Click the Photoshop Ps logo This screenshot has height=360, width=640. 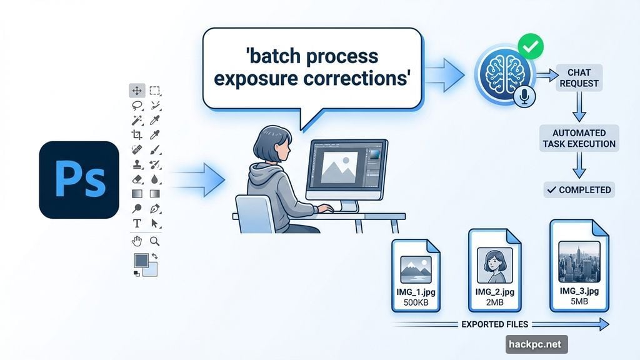(x=79, y=179)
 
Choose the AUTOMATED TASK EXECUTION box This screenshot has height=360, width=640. (x=579, y=138)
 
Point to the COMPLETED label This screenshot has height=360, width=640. (x=579, y=190)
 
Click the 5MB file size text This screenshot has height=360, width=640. (x=579, y=302)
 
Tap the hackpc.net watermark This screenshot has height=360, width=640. (x=536, y=344)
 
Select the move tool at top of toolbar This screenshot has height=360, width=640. (x=137, y=91)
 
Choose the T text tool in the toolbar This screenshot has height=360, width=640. (x=137, y=224)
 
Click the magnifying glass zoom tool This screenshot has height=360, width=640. (x=155, y=241)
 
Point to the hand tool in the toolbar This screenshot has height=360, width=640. (x=137, y=241)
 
